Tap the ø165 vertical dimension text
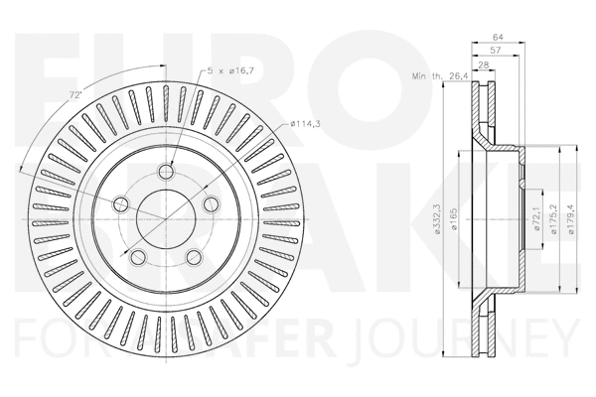[454, 221]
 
